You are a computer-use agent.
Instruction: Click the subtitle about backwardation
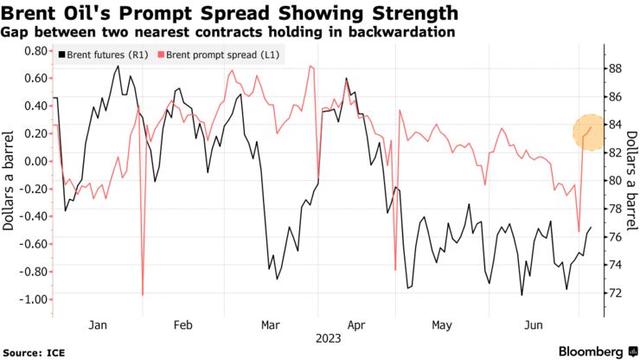tap(230, 33)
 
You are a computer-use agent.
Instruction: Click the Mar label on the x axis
tap(270, 325)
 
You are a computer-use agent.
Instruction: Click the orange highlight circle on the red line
tap(590, 131)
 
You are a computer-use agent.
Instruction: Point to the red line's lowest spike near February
tap(142, 295)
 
